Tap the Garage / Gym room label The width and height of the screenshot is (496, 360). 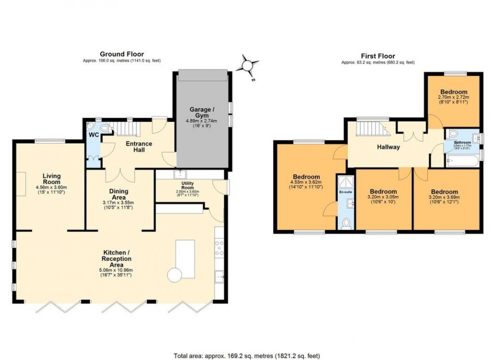[202, 113]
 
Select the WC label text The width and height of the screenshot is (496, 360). [94, 136]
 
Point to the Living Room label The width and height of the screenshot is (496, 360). [51, 178]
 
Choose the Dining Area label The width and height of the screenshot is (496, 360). [121, 194]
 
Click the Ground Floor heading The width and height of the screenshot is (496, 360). [121, 54]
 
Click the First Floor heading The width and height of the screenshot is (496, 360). [378, 56]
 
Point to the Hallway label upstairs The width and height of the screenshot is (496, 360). [388, 147]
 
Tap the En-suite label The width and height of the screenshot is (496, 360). [346, 193]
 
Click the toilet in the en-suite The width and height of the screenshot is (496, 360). [346, 222]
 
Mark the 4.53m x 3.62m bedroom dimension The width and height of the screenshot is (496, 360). [305, 182]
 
